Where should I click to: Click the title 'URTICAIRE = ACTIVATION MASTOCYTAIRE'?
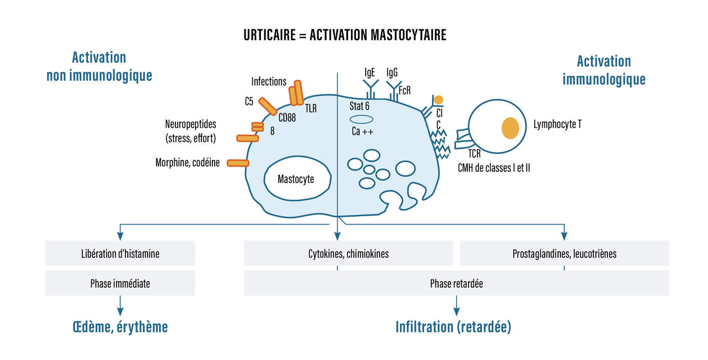[x=345, y=35]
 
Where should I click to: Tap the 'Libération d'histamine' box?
[x=120, y=254]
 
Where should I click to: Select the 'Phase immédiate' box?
[x=120, y=283]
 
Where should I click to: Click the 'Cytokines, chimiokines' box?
[x=348, y=254]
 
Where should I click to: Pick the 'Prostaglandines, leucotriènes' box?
[x=564, y=254]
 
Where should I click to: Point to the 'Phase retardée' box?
[x=456, y=283]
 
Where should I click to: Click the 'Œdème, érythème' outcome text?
[x=120, y=327]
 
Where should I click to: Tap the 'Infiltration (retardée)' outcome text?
[x=453, y=327]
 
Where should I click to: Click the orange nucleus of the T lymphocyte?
[x=511, y=128]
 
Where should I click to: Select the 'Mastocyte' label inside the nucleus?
[x=296, y=179]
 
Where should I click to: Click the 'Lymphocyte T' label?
[x=557, y=124]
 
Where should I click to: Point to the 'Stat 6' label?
[x=360, y=106]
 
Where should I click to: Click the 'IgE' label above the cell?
[x=369, y=72]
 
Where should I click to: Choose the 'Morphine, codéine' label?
[x=188, y=163]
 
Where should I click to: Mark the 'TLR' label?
[x=310, y=109]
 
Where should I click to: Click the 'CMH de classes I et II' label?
[x=494, y=166]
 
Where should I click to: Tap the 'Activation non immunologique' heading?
[x=99, y=66]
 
